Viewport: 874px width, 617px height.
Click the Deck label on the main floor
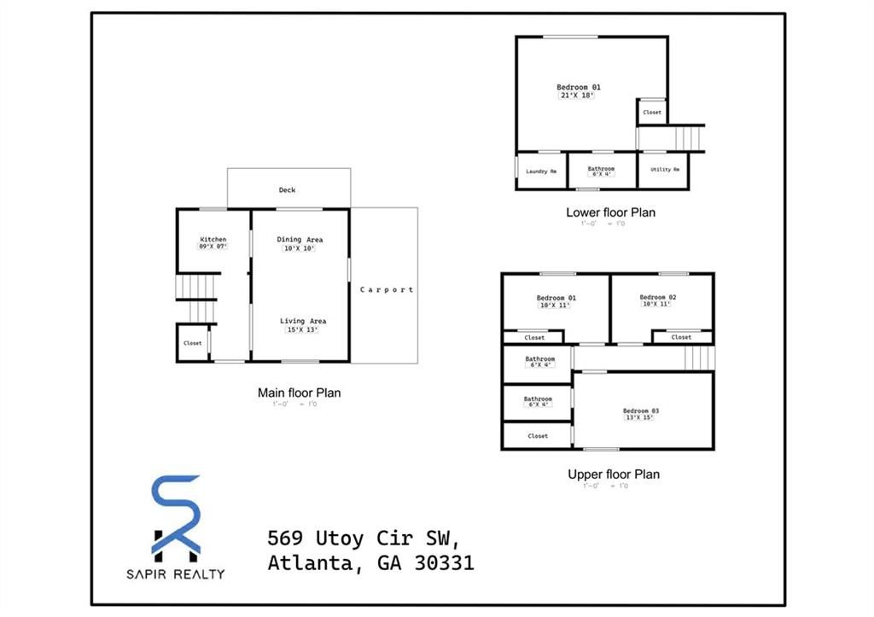tap(287, 189)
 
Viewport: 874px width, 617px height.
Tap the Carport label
tap(386, 289)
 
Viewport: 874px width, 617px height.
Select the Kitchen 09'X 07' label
tap(213, 242)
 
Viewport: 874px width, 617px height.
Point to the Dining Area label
tap(300, 244)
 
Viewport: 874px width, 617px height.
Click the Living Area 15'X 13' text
tap(303, 325)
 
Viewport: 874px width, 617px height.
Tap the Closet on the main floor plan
tap(193, 343)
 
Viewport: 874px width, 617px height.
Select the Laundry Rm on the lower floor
tap(541, 171)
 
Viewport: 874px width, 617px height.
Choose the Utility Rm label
tap(664, 170)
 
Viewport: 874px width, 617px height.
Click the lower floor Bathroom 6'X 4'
tap(601, 171)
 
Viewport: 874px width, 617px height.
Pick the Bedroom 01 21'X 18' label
tap(578, 90)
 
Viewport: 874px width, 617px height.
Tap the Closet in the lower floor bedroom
tap(652, 112)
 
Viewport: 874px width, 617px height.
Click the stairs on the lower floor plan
tap(688, 137)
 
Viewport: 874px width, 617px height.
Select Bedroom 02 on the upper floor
tap(657, 300)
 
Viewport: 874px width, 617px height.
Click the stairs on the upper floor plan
tap(699, 358)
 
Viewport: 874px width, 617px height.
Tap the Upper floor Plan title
tap(613, 474)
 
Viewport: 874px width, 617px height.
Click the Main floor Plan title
tap(299, 393)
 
